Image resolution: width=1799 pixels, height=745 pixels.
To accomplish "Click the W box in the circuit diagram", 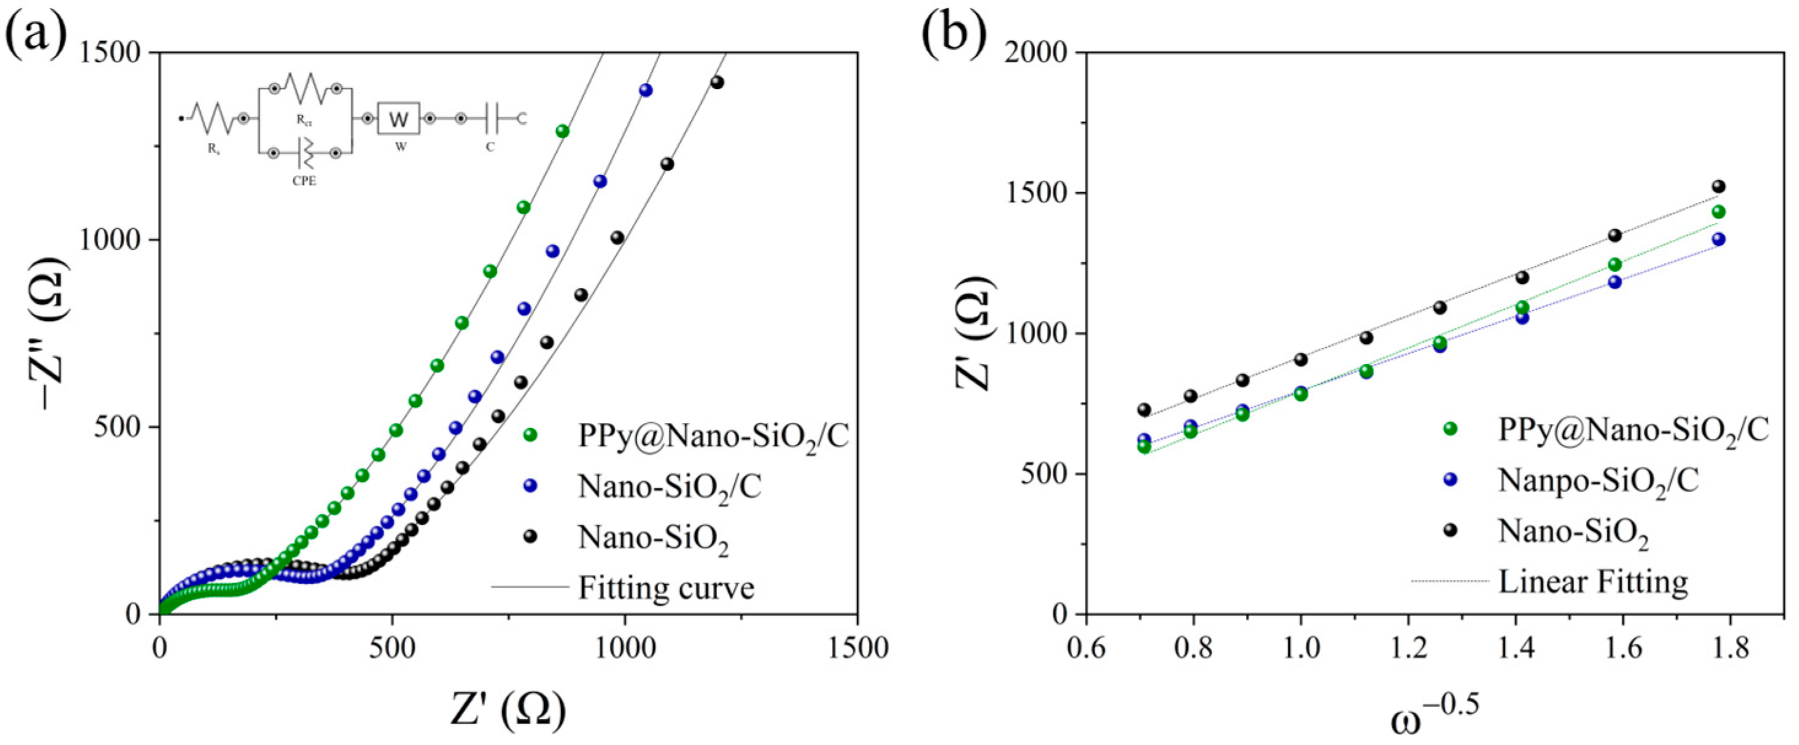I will [x=398, y=120].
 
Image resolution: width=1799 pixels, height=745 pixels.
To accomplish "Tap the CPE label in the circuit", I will [x=304, y=181].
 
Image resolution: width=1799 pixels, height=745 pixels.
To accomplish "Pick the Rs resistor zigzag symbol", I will [x=212, y=118].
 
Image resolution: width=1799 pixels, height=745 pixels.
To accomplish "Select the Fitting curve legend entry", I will [x=666, y=588].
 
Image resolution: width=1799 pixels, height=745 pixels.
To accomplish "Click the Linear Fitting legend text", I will [x=1592, y=582].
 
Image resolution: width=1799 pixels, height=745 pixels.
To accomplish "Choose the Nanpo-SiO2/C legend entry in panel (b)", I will [x=1597, y=481].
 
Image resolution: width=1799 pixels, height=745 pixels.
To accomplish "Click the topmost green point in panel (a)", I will [x=562, y=131].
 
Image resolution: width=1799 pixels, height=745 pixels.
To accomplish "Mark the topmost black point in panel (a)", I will [x=717, y=82].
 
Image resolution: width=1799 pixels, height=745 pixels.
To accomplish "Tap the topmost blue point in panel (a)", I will [x=646, y=90].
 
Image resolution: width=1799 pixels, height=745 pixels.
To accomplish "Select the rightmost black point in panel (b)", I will [x=1719, y=187].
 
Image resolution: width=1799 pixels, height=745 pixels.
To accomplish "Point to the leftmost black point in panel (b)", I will [x=1144, y=410].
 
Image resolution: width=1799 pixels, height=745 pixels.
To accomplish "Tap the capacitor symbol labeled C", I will [x=494, y=120].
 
